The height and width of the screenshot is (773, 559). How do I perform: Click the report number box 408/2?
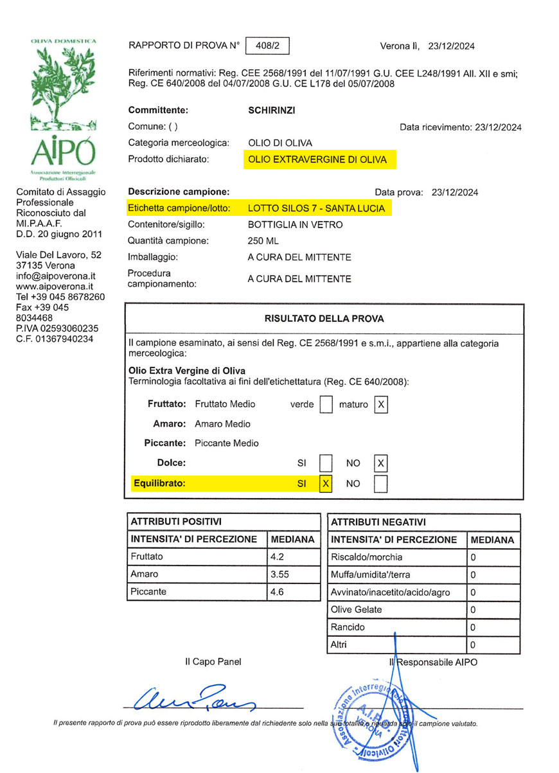[x=267, y=46]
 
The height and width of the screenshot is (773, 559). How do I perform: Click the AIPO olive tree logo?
[x=62, y=106]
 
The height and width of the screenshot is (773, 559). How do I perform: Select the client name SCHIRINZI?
[x=272, y=110]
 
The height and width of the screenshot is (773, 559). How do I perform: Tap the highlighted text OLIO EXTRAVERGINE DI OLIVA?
[x=317, y=159]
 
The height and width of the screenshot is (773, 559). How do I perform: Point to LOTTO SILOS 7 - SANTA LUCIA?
[x=316, y=208]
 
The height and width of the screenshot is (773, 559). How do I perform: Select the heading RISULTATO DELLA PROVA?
[x=324, y=318]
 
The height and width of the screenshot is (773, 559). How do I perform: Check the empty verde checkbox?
[x=326, y=404]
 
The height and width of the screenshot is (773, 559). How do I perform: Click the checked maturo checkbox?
[x=381, y=404]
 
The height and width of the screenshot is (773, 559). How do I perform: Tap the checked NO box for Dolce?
[x=381, y=463]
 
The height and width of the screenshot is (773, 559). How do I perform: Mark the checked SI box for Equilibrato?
[x=326, y=484]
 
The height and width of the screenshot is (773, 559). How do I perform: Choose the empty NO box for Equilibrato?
[x=381, y=484]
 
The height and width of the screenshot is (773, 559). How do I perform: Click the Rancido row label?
[x=348, y=626]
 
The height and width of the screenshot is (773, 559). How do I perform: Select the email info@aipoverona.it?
[x=55, y=276]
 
